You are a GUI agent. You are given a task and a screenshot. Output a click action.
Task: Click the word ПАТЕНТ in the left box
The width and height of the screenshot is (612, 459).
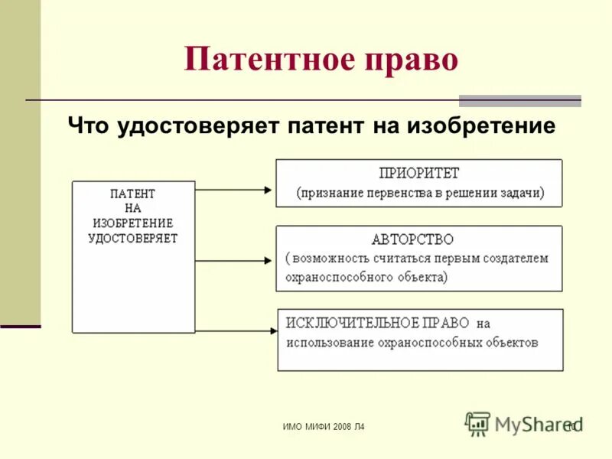(132, 194)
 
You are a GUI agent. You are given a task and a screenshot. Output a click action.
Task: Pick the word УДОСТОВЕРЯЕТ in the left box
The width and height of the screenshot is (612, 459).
(132, 238)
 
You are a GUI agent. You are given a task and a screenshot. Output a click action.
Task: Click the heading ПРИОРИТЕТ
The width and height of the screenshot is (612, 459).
(419, 174)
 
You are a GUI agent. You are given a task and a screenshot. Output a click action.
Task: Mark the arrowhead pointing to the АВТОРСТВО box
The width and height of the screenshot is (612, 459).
(267, 261)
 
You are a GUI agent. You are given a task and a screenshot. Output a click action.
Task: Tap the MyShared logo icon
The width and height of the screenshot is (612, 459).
(477, 423)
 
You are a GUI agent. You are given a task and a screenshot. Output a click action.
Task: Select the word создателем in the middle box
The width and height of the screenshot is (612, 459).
(514, 258)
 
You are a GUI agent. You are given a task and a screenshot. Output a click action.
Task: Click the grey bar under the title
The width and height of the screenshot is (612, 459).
(519, 101)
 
